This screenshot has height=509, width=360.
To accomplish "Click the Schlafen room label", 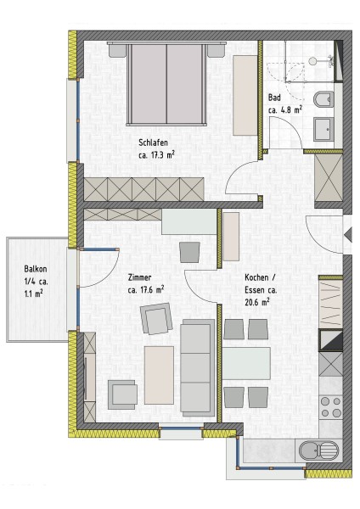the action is point(153,143).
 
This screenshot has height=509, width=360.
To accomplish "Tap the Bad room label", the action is point(274,98).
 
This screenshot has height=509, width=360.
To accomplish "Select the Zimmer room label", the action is point(139,277).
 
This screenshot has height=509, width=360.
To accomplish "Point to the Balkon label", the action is point(36,269).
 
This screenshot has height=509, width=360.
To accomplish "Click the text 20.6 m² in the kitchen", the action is point(257,302).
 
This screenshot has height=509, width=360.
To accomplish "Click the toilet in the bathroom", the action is point(324,99).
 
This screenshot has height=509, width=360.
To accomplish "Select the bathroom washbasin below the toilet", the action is point(324,129).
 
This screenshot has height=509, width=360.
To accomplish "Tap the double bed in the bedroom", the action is point(166,83).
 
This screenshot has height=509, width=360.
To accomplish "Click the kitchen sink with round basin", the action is point(318,450).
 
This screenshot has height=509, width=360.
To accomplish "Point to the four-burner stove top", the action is point(331,407).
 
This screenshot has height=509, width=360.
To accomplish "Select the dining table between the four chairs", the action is point(246,363).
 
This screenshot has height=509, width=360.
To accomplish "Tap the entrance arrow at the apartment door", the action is point(348,234).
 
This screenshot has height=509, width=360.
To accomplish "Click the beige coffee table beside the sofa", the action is point(159,375).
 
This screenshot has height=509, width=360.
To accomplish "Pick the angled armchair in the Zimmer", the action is point(156,318).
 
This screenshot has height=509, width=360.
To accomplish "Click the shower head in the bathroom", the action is point(313,61).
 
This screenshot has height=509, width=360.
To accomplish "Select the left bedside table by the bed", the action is point(117,50).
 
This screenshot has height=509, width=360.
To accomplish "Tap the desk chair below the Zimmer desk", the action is point(189,252).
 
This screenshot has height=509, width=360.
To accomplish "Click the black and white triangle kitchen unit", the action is point(331,340).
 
